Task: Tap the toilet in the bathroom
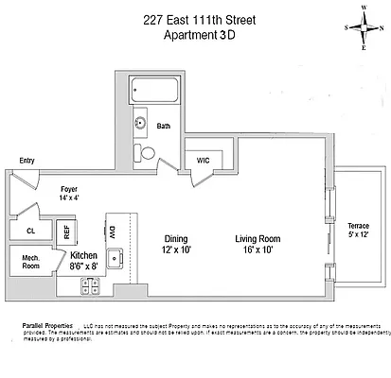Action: click(147, 153)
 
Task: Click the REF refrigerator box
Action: click(66, 230)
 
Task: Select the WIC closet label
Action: click(203, 161)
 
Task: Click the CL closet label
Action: click(30, 230)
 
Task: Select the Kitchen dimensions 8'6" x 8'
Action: click(82, 267)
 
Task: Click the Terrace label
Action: click(359, 226)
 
